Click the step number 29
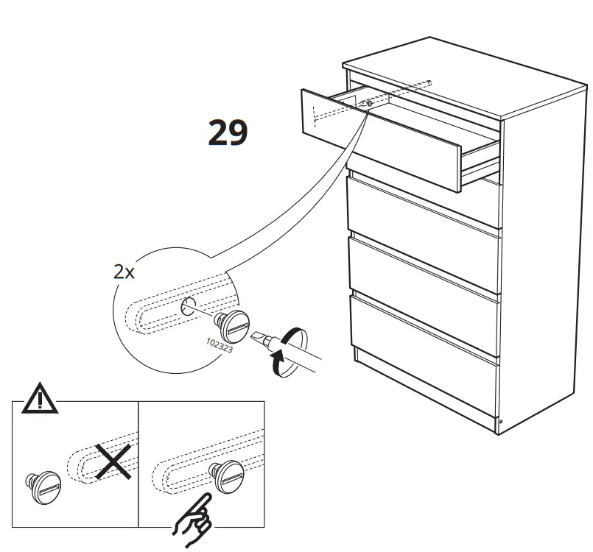(x=227, y=132)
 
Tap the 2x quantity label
(x=124, y=272)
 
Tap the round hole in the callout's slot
(x=188, y=305)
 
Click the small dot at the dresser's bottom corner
(x=500, y=422)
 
